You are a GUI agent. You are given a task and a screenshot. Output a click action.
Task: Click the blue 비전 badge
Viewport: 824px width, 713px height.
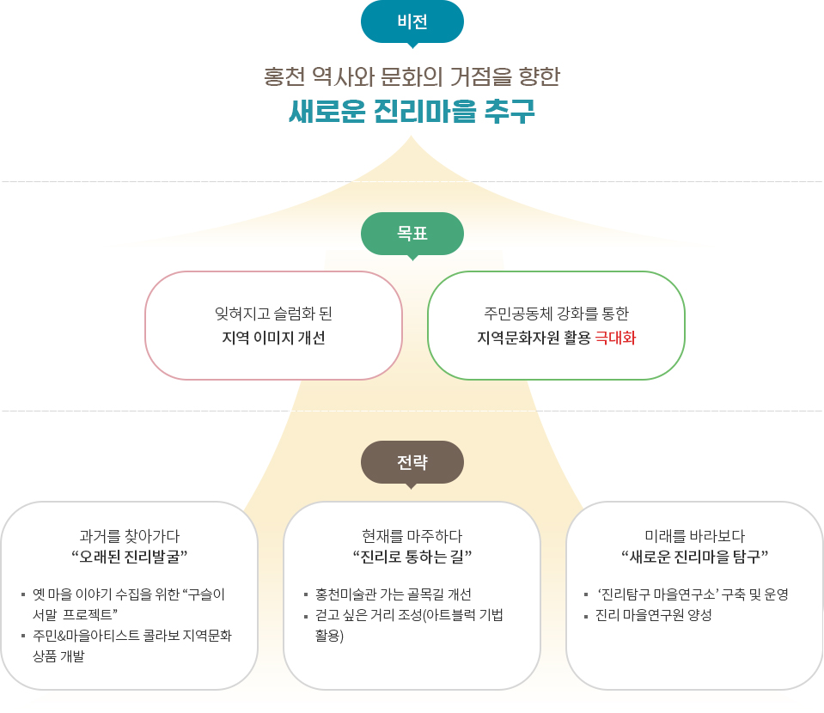tap(412, 22)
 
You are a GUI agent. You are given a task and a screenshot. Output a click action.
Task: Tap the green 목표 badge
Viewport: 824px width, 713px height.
tap(412, 234)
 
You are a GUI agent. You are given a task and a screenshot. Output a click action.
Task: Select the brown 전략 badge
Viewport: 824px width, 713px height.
tap(412, 462)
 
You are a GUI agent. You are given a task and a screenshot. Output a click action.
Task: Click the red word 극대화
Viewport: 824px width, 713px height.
tap(615, 338)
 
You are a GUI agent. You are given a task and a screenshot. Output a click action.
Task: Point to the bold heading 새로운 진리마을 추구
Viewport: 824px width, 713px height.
tap(412, 111)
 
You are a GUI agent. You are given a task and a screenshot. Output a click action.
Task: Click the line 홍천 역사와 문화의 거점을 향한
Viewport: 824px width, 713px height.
tap(412, 76)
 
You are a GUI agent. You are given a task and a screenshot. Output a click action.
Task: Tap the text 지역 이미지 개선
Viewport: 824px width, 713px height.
tap(273, 338)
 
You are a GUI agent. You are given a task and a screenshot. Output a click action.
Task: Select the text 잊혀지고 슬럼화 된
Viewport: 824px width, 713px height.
tap(273, 314)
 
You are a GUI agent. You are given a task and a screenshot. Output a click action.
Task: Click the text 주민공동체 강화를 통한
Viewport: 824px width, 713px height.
tap(557, 314)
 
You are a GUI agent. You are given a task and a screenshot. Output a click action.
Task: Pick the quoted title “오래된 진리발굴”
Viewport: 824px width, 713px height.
tap(129, 557)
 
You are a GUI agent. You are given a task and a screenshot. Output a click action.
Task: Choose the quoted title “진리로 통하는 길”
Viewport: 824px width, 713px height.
tap(412, 557)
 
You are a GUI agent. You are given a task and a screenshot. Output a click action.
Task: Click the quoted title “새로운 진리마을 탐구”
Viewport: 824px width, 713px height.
tap(695, 557)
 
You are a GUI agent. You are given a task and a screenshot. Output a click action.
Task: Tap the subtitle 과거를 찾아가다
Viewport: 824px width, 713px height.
tap(129, 536)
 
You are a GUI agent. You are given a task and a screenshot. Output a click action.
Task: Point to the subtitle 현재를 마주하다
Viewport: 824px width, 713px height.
tap(412, 536)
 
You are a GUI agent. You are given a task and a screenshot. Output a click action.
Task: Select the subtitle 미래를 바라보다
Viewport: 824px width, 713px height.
tap(695, 536)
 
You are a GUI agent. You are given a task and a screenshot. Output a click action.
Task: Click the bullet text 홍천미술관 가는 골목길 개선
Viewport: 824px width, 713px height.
tap(393, 594)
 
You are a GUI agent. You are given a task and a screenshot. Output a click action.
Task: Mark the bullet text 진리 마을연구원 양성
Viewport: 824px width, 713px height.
tap(653, 615)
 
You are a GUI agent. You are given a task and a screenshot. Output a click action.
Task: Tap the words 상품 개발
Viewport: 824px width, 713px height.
tap(58, 656)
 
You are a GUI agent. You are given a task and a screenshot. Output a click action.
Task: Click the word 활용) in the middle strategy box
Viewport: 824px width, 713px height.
tap(329, 636)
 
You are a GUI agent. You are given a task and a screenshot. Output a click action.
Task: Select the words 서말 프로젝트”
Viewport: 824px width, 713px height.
tap(75, 615)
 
